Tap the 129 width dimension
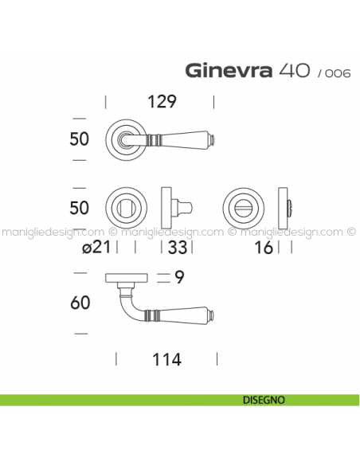(x=162, y=102)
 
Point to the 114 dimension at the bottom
(x=166, y=360)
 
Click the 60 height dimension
(x=80, y=303)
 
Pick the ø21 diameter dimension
(x=96, y=248)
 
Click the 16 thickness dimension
(x=263, y=248)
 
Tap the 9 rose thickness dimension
(x=179, y=278)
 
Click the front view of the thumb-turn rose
(x=125, y=208)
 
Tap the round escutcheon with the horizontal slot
(x=242, y=208)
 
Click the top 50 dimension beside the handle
(x=80, y=139)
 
